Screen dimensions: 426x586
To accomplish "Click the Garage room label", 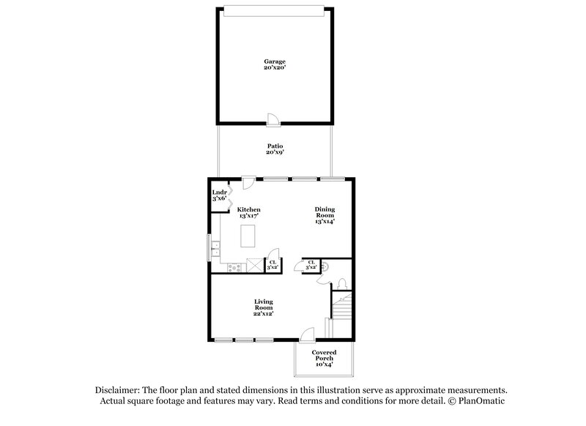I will click(x=274, y=61).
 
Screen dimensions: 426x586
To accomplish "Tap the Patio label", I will click(x=274, y=146).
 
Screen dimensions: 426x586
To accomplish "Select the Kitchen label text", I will click(x=249, y=210).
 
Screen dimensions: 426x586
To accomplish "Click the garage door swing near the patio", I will click(x=272, y=119).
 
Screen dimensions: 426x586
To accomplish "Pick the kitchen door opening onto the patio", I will click(x=248, y=181).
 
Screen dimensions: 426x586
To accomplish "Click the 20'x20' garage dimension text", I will click(x=274, y=67).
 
